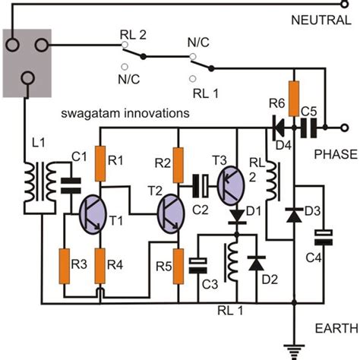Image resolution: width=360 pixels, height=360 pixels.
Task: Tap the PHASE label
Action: point(333,154)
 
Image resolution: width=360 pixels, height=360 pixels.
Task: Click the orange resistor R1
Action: point(99,162)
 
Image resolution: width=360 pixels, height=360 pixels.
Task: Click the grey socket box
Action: point(26,63)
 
